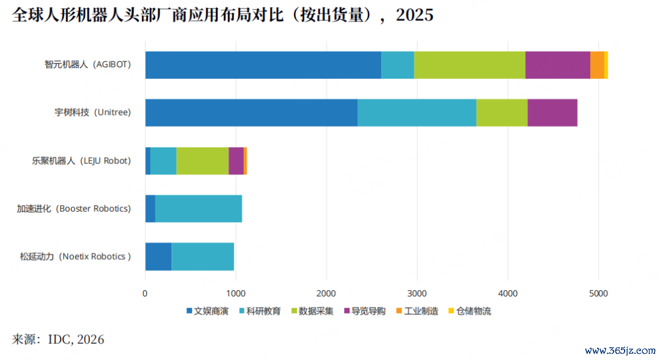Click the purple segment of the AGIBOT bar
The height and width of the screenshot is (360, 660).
pos(557,65)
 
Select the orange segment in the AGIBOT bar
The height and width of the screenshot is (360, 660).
pos(597,65)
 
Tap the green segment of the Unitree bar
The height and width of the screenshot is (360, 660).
pos(502,113)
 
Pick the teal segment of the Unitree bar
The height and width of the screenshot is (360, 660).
pos(417,113)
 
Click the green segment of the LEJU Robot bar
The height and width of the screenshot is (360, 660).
pos(202,161)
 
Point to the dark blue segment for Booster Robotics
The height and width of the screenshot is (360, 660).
pos(150,209)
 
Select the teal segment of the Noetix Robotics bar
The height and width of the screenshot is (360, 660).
pos(203,257)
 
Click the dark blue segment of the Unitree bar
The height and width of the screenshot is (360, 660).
pos(251,113)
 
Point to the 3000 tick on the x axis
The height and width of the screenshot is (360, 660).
pos(417,293)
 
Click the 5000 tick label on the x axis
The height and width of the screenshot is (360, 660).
pos(598,293)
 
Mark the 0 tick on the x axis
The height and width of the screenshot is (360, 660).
pos(145,293)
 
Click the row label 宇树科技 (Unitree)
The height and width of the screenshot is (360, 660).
pos(92,113)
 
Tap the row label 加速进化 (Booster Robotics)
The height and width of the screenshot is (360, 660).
pos(74,209)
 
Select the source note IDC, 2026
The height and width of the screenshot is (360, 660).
pos(76,339)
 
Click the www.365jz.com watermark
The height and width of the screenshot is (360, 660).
pos(620,351)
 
